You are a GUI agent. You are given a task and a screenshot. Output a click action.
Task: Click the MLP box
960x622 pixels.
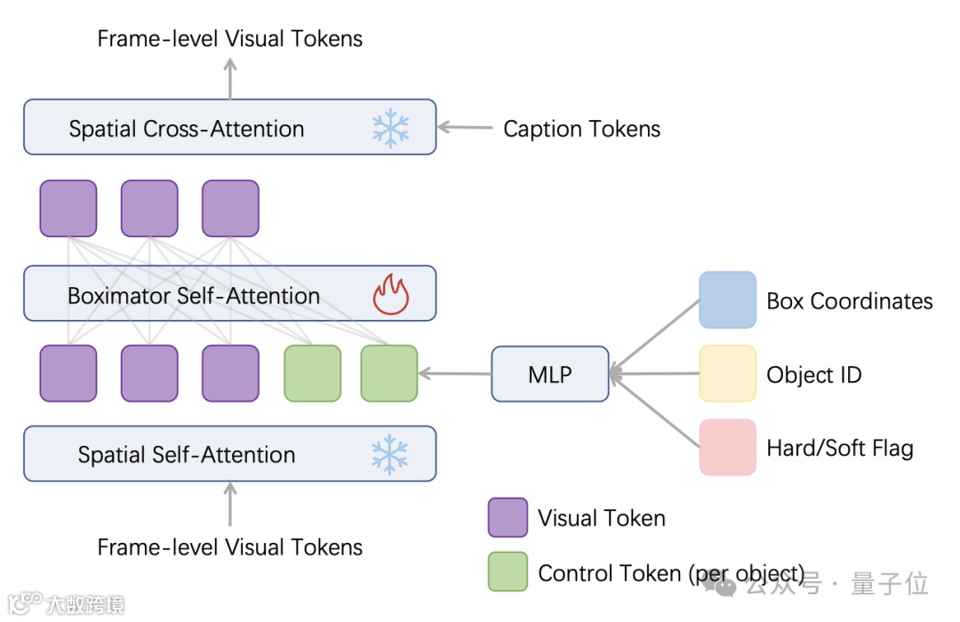tap(550, 374)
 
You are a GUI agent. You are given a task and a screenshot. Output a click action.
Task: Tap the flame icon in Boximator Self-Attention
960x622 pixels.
tap(391, 294)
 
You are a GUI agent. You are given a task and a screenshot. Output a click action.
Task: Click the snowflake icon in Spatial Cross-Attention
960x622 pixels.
tap(390, 129)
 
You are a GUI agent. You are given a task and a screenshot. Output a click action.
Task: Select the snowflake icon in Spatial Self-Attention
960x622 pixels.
tap(389, 455)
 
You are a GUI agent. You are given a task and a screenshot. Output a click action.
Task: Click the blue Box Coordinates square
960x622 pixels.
tap(727, 300)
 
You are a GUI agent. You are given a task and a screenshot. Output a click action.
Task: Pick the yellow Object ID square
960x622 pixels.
tap(727, 373)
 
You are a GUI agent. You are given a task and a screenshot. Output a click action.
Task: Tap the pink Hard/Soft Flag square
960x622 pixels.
tap(727, 448)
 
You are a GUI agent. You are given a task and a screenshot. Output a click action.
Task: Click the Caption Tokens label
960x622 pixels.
tap(581, 129)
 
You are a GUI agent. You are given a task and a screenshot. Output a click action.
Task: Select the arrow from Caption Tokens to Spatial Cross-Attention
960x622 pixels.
tap(465, 127)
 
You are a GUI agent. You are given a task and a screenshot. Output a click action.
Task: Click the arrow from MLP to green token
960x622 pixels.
tap(455, 373)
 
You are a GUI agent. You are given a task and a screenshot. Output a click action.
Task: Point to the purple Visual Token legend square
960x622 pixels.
tap(508, 518)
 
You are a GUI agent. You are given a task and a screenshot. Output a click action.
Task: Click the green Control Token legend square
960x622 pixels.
tap(508, 572)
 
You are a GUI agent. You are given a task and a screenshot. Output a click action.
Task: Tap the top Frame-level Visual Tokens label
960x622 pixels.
tap(229, 38)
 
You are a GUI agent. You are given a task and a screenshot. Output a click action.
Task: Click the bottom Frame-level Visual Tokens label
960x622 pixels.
tap(229, 547)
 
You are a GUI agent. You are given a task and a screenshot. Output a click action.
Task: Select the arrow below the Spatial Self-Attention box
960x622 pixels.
tap(230, 504)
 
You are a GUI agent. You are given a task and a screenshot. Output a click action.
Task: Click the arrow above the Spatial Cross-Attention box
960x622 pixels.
tap(230, 78)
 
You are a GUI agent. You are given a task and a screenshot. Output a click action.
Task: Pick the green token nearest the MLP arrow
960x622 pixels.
tap(389, 373)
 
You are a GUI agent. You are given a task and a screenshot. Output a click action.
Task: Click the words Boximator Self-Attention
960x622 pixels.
tap(194, 296)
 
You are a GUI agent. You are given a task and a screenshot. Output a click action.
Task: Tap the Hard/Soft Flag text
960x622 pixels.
tap(840, 448)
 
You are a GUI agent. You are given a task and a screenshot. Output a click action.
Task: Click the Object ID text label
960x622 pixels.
tap(814, 375)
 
